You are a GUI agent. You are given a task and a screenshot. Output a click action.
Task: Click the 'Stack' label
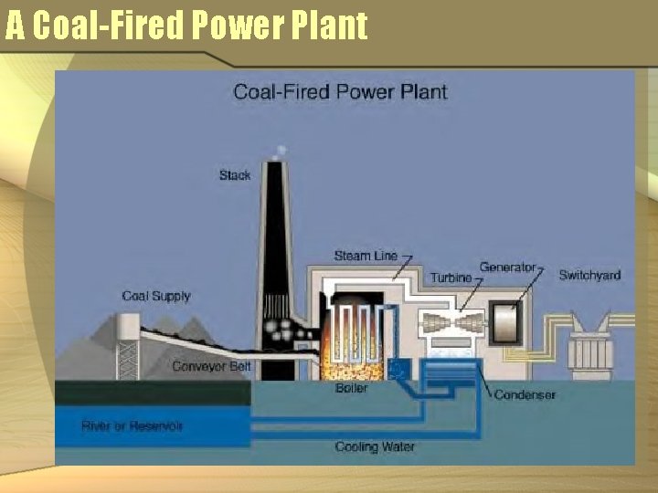(x=235, y=175)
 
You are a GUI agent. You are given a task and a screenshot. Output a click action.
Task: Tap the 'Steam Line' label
(x=366, y=256)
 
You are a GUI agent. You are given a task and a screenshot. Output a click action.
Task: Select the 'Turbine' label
(x=451, y=278)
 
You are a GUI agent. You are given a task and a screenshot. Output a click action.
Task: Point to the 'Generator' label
(x=507, y=267)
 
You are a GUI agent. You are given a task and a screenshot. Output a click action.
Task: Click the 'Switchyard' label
(x=589, y=275)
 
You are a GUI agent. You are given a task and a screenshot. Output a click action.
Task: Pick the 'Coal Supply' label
(x=156, y=296)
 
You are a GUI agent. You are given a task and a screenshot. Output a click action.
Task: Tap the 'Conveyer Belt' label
(x=212, y=367)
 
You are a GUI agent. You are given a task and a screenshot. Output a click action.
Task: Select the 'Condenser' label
(x=525, y=395)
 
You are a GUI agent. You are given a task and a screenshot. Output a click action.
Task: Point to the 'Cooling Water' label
(x=375, y=447)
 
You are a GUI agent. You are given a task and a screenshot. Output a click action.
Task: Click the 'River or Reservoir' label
(x=133, y=426)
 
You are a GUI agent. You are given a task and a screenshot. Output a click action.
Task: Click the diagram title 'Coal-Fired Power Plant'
(x=340, y=91)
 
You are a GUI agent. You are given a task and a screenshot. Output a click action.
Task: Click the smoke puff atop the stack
(x=281, y=150)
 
